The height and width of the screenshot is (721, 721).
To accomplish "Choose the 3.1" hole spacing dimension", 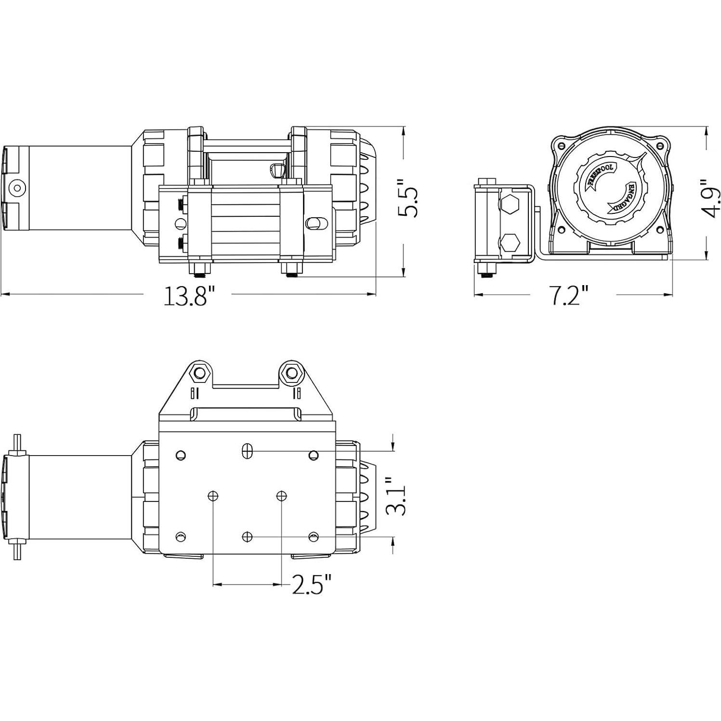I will tap(396, 497).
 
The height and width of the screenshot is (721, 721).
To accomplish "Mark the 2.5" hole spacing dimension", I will tap(312, 584).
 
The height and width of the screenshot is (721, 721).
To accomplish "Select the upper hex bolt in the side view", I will tap(509, 206).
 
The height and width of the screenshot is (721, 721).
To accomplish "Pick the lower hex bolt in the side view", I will tap(509, 244).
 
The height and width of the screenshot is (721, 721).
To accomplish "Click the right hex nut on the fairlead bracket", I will tap(292, 372).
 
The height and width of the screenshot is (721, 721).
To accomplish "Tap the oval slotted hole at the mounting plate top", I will tap(247, 451).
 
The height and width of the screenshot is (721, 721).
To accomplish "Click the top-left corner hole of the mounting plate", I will tap(181, 455).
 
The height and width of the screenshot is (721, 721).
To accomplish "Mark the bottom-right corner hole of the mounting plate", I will tap(314, 537).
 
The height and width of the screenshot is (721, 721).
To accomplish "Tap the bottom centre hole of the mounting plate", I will tap(247, 537).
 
